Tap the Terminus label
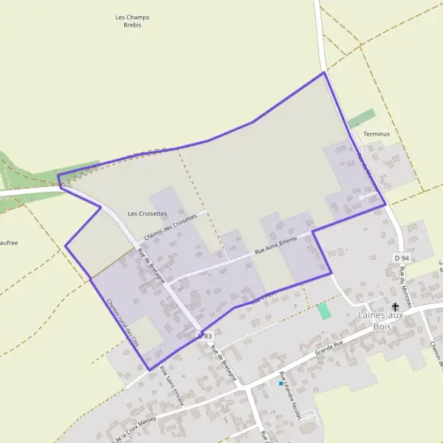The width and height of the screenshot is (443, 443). tap(376, 134)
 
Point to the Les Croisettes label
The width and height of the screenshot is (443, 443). tap(148, 213)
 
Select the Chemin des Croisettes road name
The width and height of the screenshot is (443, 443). tap(171, 227)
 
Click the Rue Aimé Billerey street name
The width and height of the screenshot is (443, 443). tap(275, 246)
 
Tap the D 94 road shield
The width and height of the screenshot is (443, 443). tap(402, 258)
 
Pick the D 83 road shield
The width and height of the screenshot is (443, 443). tap(205, 336)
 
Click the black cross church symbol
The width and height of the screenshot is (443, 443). tap(395, 306)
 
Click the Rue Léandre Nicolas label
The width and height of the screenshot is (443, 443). tap(290, 395)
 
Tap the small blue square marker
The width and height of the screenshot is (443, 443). tap(281, 384)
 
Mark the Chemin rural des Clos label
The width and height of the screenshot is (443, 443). tap(122, 322)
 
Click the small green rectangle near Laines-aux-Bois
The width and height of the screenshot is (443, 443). tap(323, 311)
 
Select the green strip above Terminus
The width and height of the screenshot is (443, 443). tap(361, 118)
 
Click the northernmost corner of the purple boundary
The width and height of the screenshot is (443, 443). tap(323, 72)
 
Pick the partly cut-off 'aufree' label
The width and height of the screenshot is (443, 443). tap(9, 242)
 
